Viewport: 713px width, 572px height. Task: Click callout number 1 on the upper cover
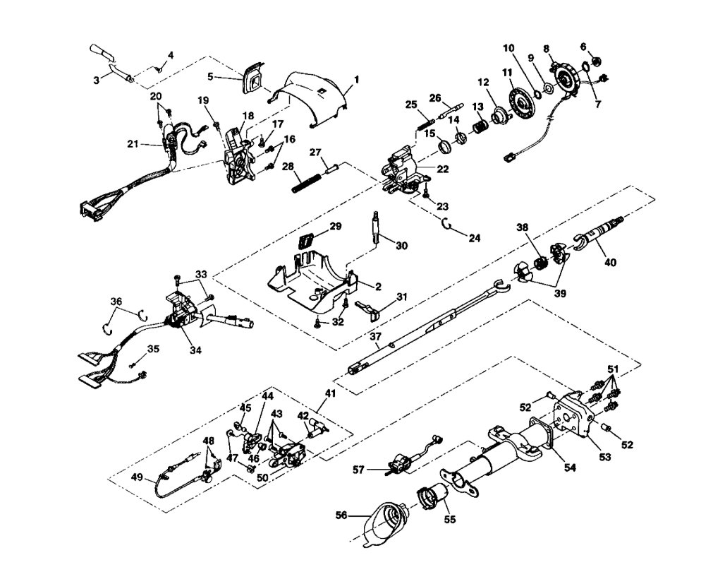pyautogui.click(x=356, y=80)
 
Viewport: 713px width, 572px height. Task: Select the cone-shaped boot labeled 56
pyautogui.click(x=384, y=524)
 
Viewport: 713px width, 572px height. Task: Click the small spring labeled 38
pyautogui.click(x=542, y=262)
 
